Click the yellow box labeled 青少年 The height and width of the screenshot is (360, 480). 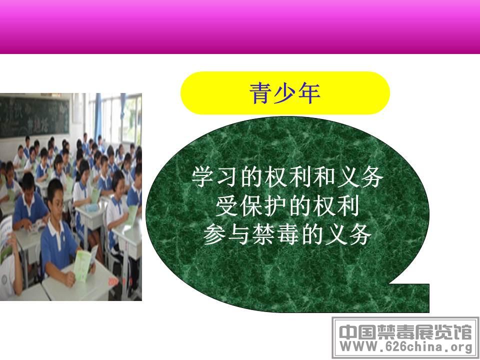[x=285, y=93]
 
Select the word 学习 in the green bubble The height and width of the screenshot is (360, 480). [x=215, y=177]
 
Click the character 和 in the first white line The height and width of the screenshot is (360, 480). [x=323, y=177]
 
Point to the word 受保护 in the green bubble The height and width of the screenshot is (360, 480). [x=251, y=206]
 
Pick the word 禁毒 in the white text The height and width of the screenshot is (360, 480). [x=275, y=235]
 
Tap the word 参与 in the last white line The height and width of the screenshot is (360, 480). [x=227, y=235]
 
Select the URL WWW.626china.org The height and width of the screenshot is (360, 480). [x=406, y=347]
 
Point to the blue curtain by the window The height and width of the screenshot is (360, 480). [x=98, y=116]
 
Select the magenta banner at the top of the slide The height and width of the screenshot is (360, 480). [x=240, y=27]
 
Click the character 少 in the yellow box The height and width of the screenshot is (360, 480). [x=284, y=93]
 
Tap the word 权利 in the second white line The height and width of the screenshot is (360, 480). [x=335, y=206]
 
